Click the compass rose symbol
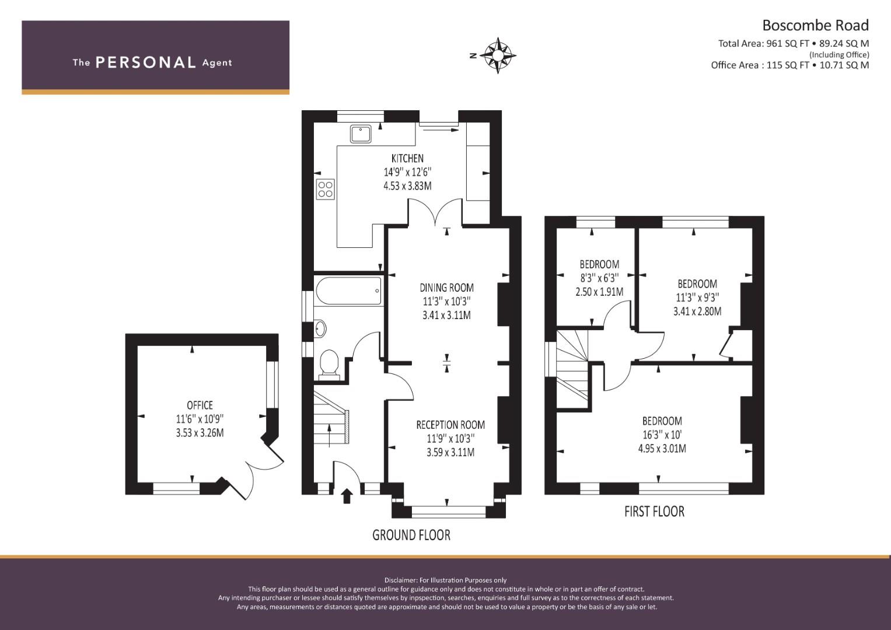pyautogui.click(x=498, y=55)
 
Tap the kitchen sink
pyautogui.click(x=361, y=134)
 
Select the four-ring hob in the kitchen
pyautogui.click(x=326, y=189)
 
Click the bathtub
pyautogui.click(x=348, y=291)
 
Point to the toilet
pyautogui.click(x=329, y=363)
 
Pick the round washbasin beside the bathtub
pyautogui.click(x=320, y=329)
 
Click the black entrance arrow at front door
pyautogui.click(x=347, y=496)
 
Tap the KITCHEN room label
pyautogui.click(x=407, y=158)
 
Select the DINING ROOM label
pyautogui.click(x=447, y=288)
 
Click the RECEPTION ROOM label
pyautogui.click(x=450, y=425)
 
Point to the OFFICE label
pyautogui.click(x=200, y=405)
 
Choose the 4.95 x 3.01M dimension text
pyautogui.click(x=662, y=449)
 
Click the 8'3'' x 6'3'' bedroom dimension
pyautogui.click(x=599, y=278)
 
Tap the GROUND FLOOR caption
pyautogui.click(x=411, y=535)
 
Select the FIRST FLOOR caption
pyautogui.click(x=654, y=512)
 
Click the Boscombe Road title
pyautogui.click(x=815, y=26)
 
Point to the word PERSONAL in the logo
pyautogui.click(x=146, y=62)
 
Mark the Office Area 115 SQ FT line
pyautogui.click(x=790, y=65)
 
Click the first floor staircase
pyautogui.click(x=572, y=369)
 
